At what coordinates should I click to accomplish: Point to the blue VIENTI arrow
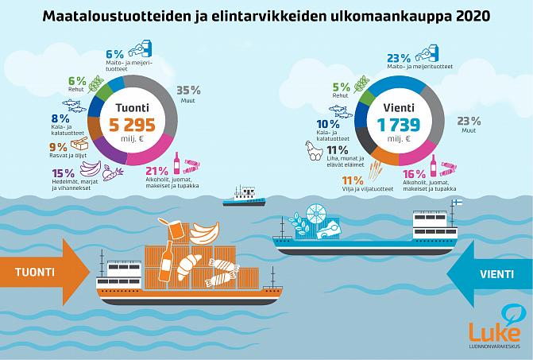pyautogui.click(x=488, y=273)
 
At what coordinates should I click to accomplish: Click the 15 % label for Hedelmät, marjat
pyautogui.click(x=62, y=173)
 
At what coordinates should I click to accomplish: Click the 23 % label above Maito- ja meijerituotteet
pyautogui.click(x=400, y=58)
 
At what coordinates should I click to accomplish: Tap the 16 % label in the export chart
pyautogui.click(x=414, y=174)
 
